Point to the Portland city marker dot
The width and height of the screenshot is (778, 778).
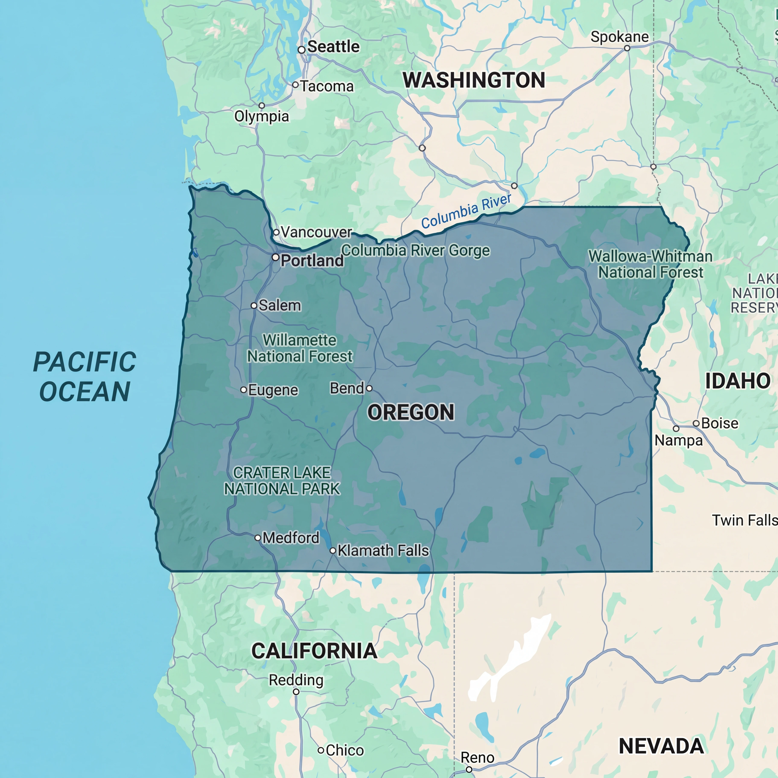click(275, 257)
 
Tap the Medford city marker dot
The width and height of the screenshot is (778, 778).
click(258, 538)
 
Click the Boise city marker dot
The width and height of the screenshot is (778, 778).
click(696, 423)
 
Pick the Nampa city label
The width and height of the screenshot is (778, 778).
click(679, 440)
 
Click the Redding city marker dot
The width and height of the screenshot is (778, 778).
click(296, 692)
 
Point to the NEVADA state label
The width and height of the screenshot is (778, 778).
click(661, 746)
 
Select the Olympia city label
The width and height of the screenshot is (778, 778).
click(262, 116)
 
